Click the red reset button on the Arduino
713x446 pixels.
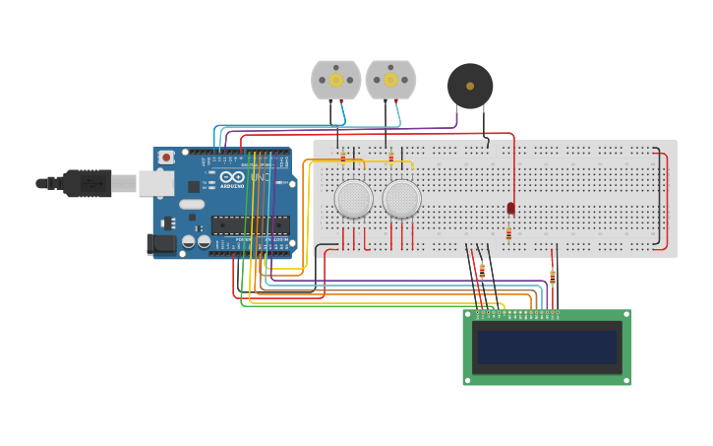pyautogui.click(x=166, y=157)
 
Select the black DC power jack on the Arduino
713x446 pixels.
pyautogui.click(x=160, y=243)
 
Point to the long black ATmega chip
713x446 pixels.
pyautogui.click(x=250, y=225)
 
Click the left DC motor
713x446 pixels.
pyautogui.click(x=335, y=80)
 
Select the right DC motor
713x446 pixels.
pyautogui.click(x=390, y=80)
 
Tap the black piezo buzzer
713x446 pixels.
pyautogui.click(x=470, y=87)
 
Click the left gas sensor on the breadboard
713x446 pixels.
pyautogui.click(x=353, y=198)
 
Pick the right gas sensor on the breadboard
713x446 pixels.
pyautogui.click(x=401, y=198)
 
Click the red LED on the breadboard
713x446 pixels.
pyautogui.click(x=510, y=208)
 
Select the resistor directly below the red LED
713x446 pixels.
pyautogui.click(x=508, y=233)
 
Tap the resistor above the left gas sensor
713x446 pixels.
pyautogui.click(x=342, y=157)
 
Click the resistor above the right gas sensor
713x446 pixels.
pyautogui.click(x=390, y=157)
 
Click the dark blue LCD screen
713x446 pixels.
pyautogui.click(x=547, y=347)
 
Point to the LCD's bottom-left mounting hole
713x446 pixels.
pyautogui.click(x=468, y=380)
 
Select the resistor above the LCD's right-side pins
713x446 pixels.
pyautogui.click(x=552, y=277)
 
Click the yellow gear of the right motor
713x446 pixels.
pyautogui.click(x=390, y=80)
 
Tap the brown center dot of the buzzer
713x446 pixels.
pyautogui.click(x=470, y=87)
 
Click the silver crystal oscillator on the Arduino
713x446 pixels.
pyautogui.click(x=191, y=204)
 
